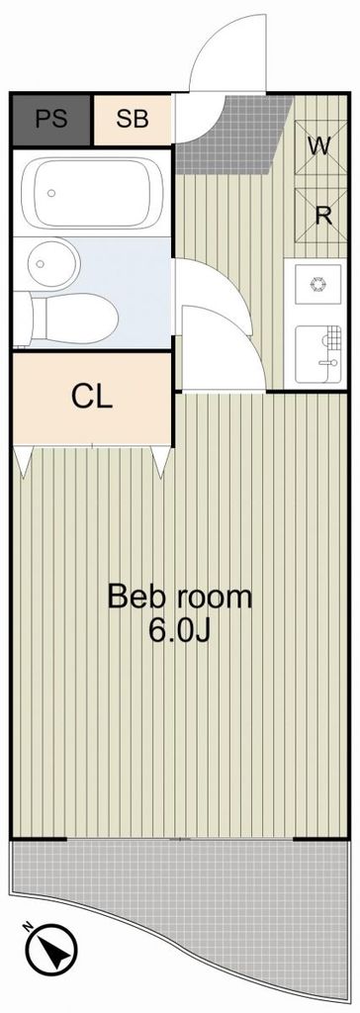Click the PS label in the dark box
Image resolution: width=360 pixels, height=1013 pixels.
[x=50, y=119]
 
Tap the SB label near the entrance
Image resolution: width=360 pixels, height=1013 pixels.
[x=132, y=119]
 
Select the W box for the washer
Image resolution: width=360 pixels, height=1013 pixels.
[x=317, y=146]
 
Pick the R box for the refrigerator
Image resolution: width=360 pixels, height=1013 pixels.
[x=321, y=216]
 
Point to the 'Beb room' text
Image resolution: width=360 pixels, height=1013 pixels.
[x=179, y=597]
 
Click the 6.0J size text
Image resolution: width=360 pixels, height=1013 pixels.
[x=180, y=630]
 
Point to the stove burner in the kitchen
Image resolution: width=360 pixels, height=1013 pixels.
[x=317, y=286]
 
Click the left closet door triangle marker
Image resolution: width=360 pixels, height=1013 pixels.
[x=24, y=458]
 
